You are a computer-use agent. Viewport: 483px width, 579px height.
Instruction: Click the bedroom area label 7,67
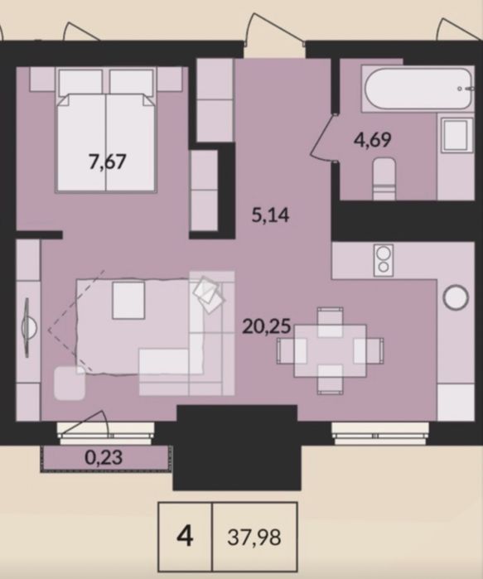tap(108, 162)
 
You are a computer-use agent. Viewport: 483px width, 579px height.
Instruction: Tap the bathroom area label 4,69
tap(372, 140)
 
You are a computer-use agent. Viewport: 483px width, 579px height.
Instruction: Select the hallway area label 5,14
tap(270, 215)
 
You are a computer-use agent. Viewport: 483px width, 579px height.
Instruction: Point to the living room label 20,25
tap(267, 327)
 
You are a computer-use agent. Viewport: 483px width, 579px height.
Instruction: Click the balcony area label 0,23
tap(104, 458)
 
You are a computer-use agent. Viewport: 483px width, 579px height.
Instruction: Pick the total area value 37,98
tap(254, 538)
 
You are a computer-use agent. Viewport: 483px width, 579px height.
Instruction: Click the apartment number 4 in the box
tap(185, 536)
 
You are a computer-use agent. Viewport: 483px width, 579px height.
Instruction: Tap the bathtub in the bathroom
tap(418, 89)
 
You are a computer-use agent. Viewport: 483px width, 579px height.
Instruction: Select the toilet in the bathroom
tap(384, 179)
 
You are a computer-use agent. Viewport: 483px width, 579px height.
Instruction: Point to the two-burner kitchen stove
tap(384, 260)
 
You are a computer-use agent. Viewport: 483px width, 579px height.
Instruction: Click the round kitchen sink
tap(456, 297)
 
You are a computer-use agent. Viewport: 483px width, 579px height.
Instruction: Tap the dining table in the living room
tap(330, 351)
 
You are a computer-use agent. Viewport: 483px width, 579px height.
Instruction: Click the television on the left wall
tap(27, 328)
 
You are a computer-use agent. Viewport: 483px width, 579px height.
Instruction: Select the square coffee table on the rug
tap(128, 300)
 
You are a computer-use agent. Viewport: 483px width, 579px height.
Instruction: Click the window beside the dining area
tap(380, 433)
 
